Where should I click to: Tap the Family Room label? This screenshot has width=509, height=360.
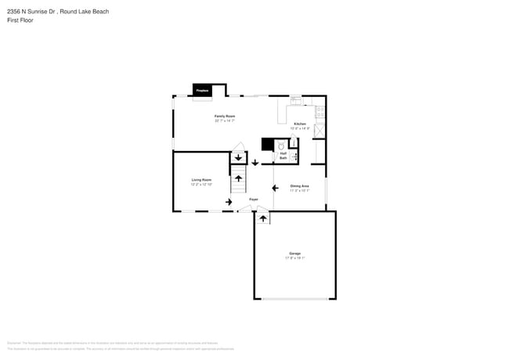tap(225, 117)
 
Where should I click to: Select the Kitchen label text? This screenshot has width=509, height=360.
tap(300, 124)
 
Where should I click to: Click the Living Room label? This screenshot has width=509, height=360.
tap(201, 180)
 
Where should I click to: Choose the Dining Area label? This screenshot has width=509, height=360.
tap(300, 185)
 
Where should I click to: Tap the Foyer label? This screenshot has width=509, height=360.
tap(254, 200)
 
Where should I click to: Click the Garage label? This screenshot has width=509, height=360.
tap(294, 254)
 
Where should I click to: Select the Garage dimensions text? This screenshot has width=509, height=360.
tap(294, 258)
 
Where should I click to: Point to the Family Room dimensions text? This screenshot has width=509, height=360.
tap(225, 121)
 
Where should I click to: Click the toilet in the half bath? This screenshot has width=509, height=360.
tap(280, 145)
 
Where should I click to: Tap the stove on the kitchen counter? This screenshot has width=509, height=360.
tap(320, 111)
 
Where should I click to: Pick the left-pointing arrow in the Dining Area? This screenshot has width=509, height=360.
tap(274, 188)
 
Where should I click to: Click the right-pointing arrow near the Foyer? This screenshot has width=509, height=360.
tap(229, 202)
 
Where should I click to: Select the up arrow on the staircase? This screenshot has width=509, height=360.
tap(238, 180)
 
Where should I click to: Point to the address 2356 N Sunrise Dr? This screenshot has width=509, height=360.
tap(31, 11)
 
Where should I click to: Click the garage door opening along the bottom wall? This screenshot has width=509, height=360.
tap(294, 299)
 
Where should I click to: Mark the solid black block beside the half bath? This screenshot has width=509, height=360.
tap(267, 144)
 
